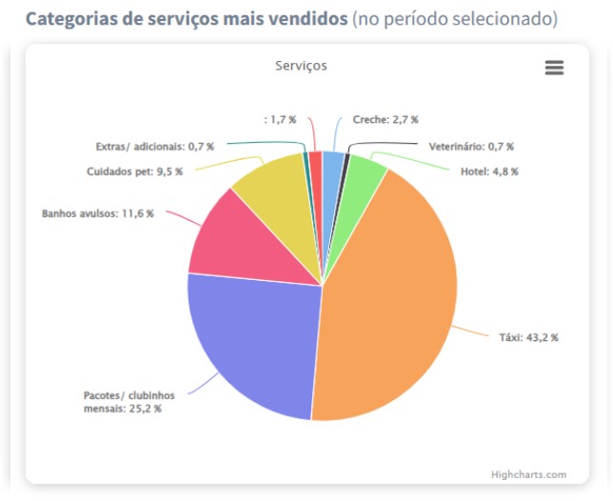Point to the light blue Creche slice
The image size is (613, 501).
pyautogui.click(x=332, y=167)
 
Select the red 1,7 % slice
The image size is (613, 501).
pyautogui.click(x=315, y=166)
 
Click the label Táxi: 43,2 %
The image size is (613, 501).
pyautogui.click(x=528, y=337)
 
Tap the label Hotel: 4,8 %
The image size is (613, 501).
pyautogui.click(x=489, y=171)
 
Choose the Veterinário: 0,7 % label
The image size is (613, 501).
pyautogui.click(x=470, y=147)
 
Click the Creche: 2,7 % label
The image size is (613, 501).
pyautogui.click(x=385, y=120)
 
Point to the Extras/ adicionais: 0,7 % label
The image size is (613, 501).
pyautogui.click(x=154, y=147)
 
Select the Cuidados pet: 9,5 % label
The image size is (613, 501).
pyautogui.click(x=134, y=171)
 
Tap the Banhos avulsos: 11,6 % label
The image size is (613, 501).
pyautogui.click(x=97, y=213)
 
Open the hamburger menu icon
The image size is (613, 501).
pyautogui.click(x=554, y=68)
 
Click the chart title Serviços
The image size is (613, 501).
pyautogui.click(x=301, y=67)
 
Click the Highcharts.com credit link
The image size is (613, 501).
pyautogui.click(x=528, y=473)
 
